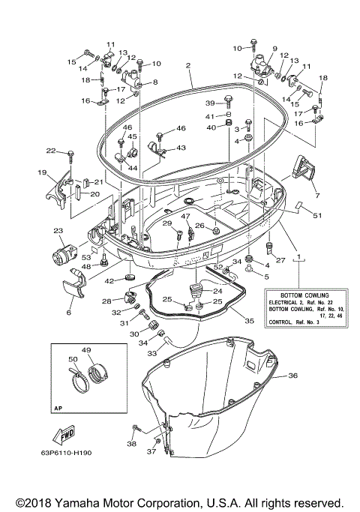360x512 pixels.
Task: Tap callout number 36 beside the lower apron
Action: point(293,376)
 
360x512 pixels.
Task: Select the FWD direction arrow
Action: point(64,435)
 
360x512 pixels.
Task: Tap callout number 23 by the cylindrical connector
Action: point(58,231)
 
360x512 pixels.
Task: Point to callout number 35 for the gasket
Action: point(250,321)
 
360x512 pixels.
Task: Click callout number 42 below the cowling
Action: point(109,280)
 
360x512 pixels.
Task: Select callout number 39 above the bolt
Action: point(210,103)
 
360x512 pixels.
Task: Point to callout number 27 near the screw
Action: point(281,260)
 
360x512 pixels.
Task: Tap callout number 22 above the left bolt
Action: point(51,151)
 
